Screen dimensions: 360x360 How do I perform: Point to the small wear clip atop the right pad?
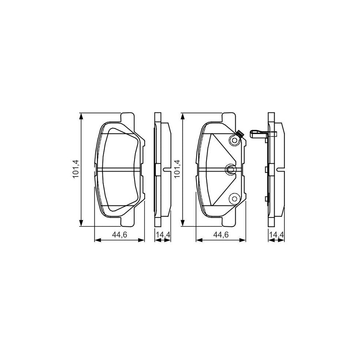pos(239,134)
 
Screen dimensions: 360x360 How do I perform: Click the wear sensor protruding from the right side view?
pos(258,133)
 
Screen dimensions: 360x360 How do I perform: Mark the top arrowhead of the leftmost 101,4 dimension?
pos(81,116)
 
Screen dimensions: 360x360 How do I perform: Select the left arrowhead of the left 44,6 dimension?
pos(96,240)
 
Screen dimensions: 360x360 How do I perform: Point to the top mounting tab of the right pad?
pos(229,117)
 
